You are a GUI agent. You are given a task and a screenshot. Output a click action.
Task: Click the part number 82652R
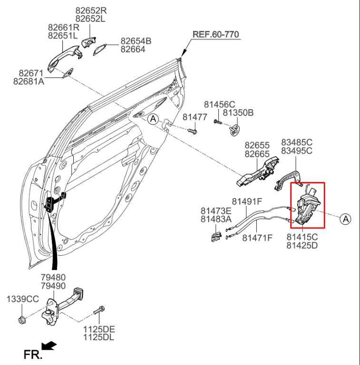tap(91, 10)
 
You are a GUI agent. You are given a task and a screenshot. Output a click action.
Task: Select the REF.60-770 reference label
tap(215, 35)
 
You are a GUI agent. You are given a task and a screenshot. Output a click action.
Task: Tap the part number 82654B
tap(136, 41)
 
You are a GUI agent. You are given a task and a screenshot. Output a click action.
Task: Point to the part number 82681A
tap(29, 82)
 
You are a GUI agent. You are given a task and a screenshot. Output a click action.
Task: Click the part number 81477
tap(195, 117)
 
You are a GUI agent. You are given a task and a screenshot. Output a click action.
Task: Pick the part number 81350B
tap(238, 113)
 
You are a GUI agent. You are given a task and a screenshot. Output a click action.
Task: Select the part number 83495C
tap(296, 151)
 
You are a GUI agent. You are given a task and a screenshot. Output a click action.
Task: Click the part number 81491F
tap(247, 201)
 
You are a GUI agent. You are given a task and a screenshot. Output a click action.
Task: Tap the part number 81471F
tap(257, 238)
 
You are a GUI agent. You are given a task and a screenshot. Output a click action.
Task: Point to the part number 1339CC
tap(22, 299)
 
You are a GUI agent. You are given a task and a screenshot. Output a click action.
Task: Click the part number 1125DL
tap(99, 337)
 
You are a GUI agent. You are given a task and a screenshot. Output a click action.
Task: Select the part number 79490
tap(53, 286)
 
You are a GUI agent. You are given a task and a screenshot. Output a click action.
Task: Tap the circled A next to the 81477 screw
tap(152, 119)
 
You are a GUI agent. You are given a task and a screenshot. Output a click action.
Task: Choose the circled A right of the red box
tap(346, 219)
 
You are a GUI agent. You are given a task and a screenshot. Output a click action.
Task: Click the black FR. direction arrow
tap(49, 346)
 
